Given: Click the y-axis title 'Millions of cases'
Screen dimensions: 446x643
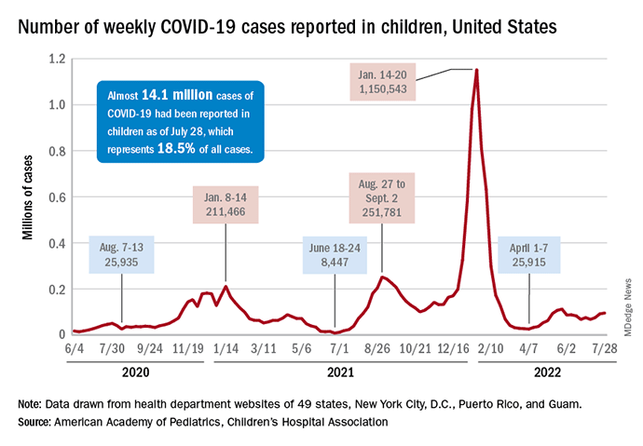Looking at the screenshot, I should click(x=27, y=196).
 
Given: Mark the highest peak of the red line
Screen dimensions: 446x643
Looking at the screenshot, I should click(x=477, y=70).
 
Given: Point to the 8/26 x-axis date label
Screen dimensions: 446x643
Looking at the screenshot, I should click(x=377, y=348).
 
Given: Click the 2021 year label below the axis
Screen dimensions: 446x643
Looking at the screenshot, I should click(x=341, y=372).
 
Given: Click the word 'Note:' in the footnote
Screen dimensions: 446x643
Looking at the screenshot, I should click(x=31, y=404).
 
